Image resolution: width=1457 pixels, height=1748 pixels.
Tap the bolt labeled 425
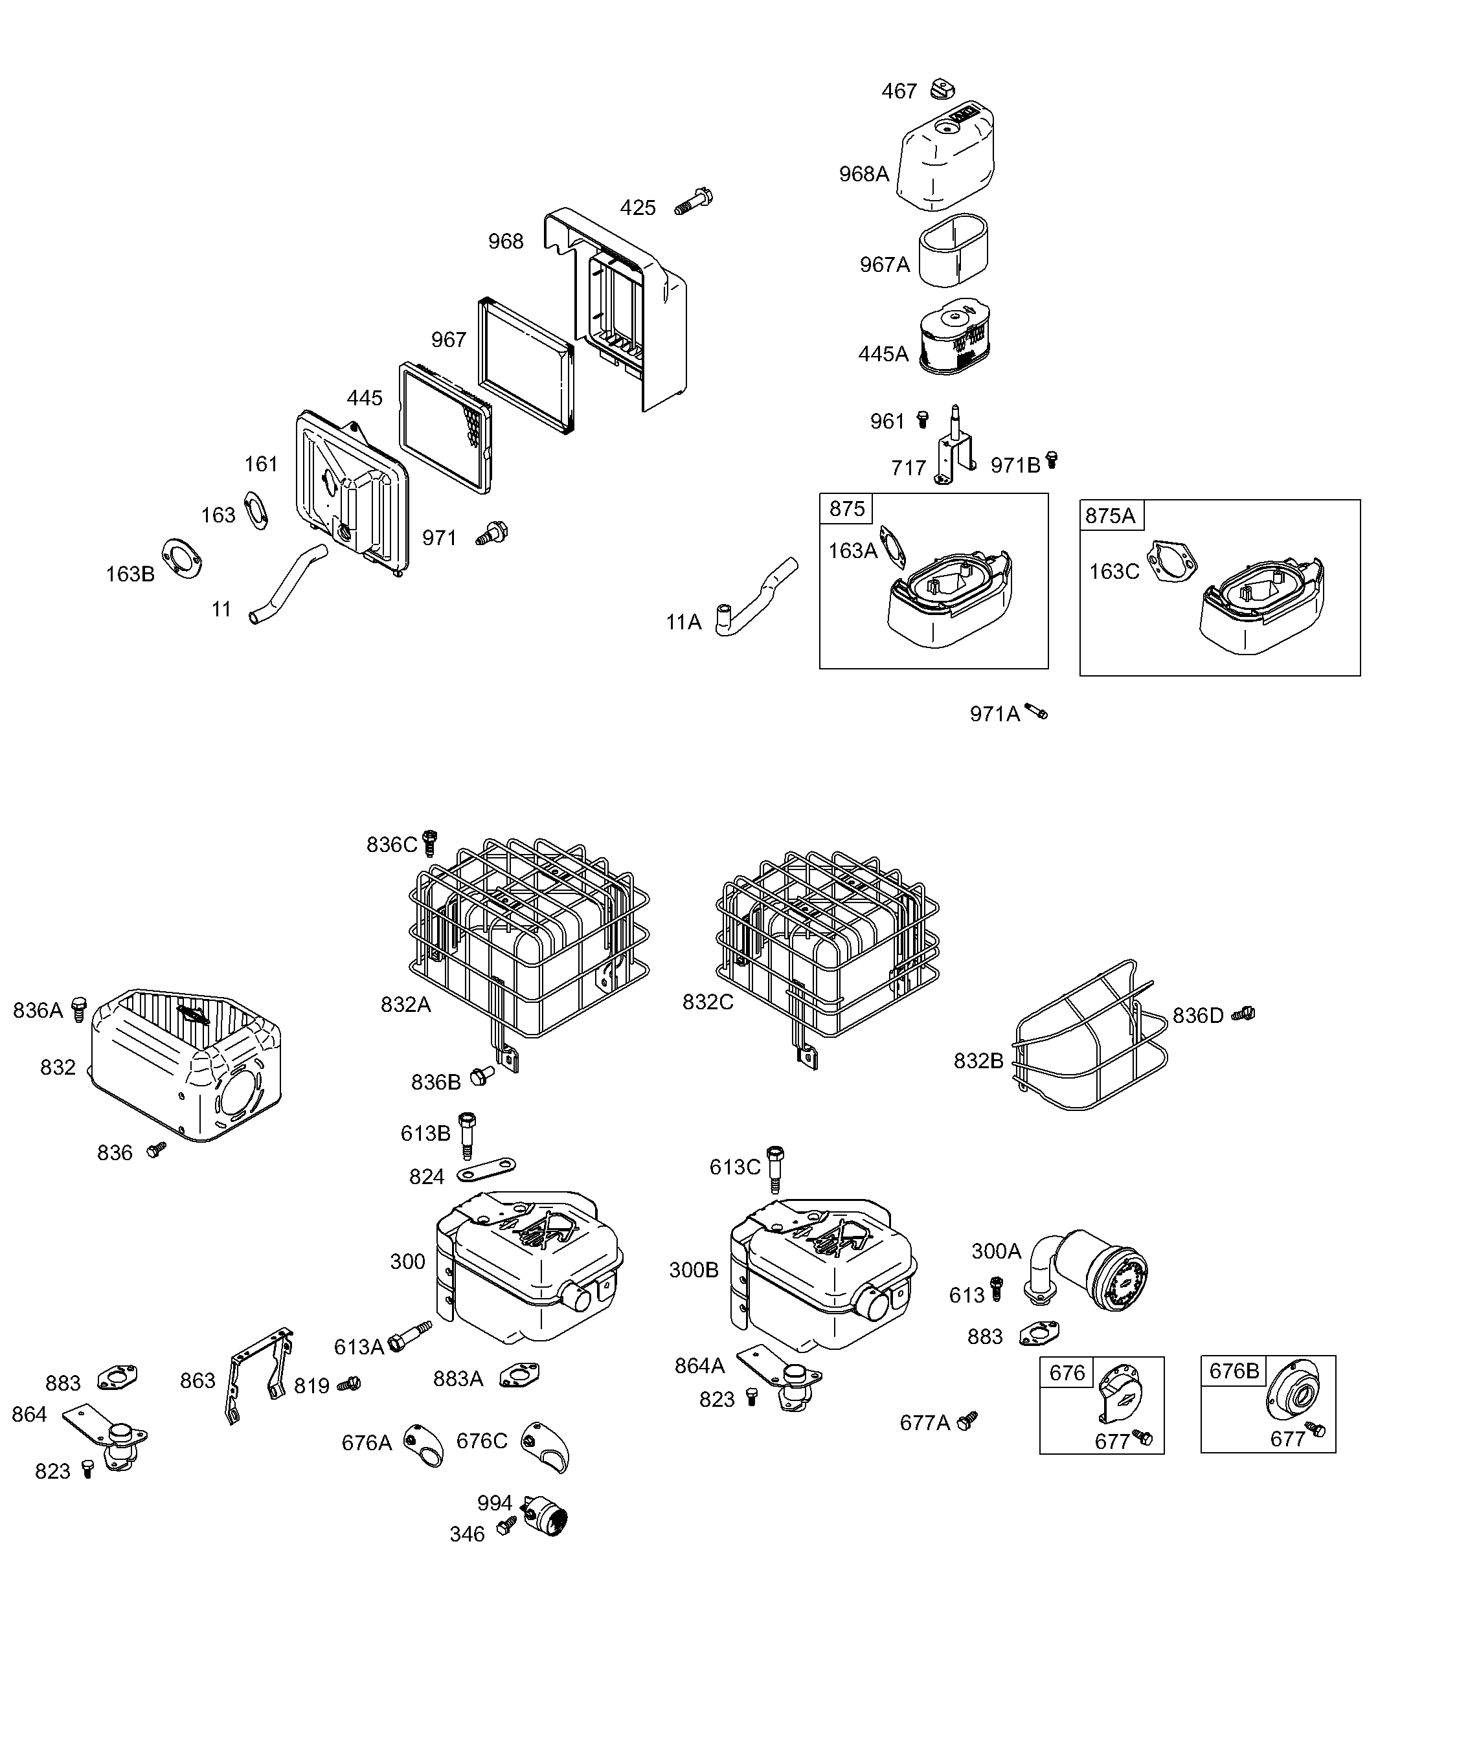point(694,201)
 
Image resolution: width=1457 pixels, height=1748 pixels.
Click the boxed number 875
point(847,509)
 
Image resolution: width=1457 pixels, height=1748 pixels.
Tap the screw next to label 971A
point(1037,711)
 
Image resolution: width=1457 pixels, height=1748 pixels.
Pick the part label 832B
point(978,1061)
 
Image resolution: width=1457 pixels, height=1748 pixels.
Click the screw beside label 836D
point(1244,1013)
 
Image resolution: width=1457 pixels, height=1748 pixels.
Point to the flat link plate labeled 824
point(489,1169)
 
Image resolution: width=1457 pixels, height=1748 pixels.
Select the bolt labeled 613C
point(774,1169)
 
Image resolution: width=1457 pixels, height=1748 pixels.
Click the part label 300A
point(996,1251)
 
